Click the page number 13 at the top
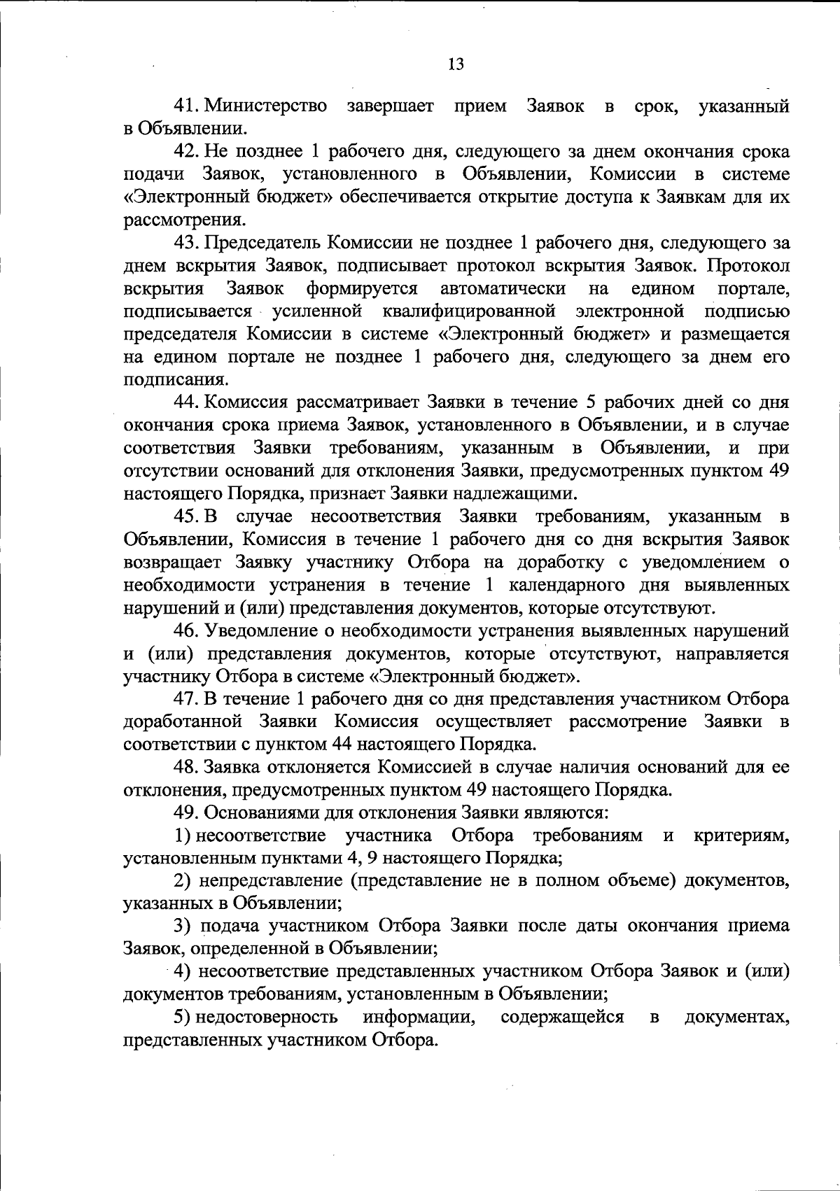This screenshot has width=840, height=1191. [455, 64]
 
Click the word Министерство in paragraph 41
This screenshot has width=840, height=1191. [266, 106]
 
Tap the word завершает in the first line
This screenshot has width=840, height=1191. [390, 106]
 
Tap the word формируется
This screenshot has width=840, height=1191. [361, 288]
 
